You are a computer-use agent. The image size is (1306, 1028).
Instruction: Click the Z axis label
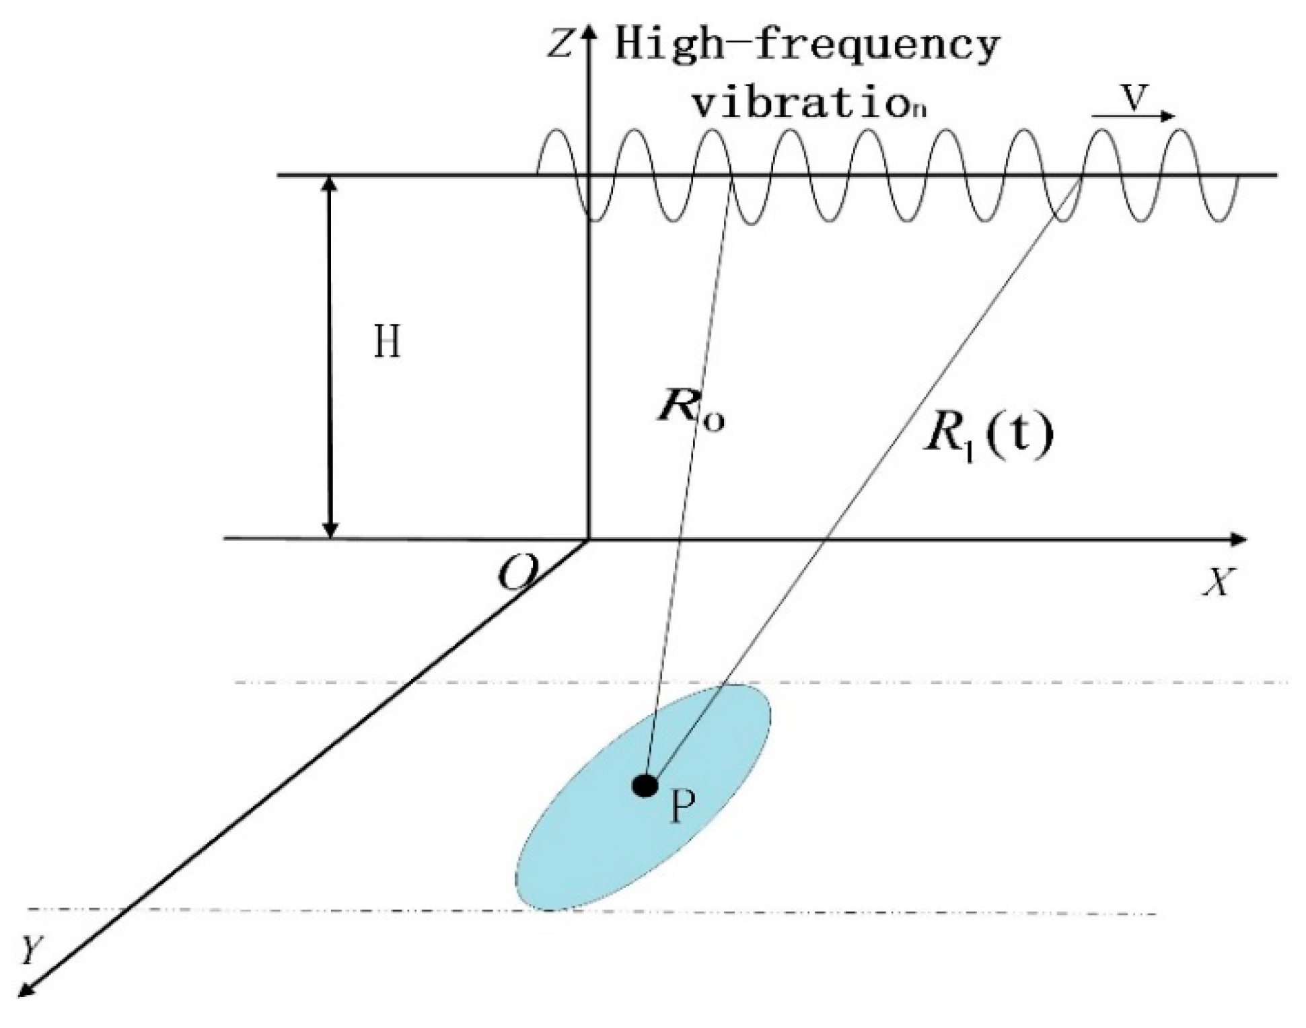click(560, 44)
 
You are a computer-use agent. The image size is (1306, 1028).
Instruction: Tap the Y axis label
click(31, 951)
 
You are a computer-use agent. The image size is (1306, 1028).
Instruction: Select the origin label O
click(517, 574)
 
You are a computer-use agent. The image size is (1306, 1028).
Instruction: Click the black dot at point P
click(645, 785)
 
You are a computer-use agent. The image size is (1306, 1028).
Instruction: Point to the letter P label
click(682, 807)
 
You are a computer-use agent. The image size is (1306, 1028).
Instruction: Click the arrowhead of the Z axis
click(589, 30)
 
